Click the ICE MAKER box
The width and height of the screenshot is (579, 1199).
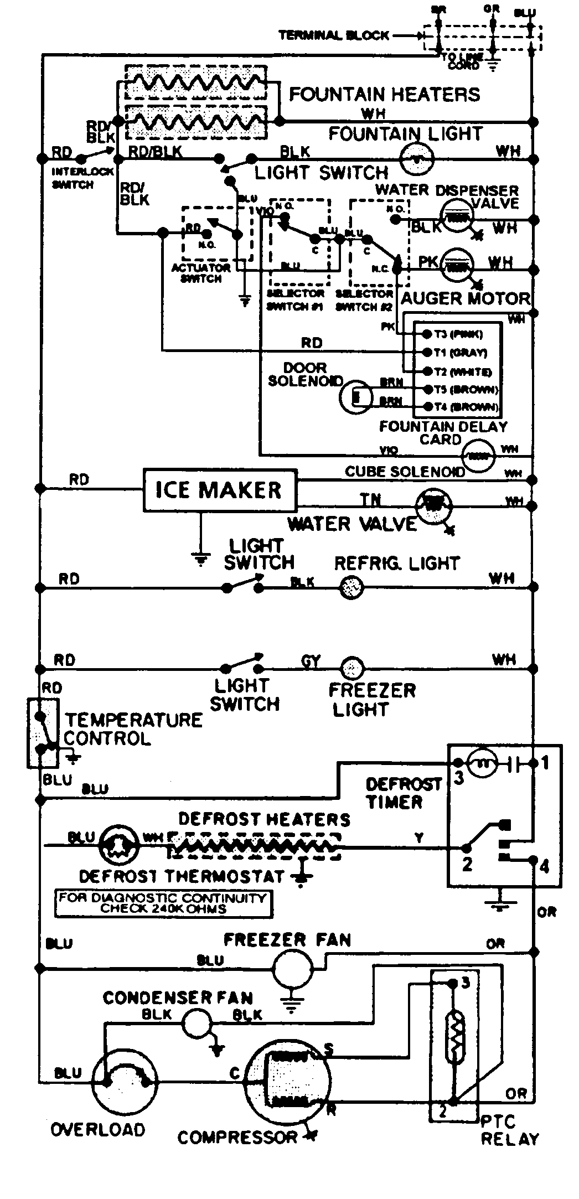[x=220, y=490]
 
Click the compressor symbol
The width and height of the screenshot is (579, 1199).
[x=288, y=1086]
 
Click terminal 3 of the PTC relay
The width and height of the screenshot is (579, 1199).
[x=453, y=983]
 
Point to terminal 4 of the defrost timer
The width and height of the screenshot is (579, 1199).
[x=533, y=860]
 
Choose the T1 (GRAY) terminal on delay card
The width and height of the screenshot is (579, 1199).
[x=427, y=352]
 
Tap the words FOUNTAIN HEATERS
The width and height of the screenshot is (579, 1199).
[x=385, y=94]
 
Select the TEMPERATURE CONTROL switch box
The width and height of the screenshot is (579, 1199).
[x=43, y=733]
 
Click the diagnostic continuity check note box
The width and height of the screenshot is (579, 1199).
[x=164, y=903]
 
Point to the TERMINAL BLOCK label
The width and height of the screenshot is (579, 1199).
[x=334, y=35]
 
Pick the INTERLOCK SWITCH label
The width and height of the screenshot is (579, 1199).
[x=73, y=179]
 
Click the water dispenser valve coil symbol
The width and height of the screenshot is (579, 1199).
[x=457, y=218]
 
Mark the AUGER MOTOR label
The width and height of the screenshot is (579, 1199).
[x=465, y=299]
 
